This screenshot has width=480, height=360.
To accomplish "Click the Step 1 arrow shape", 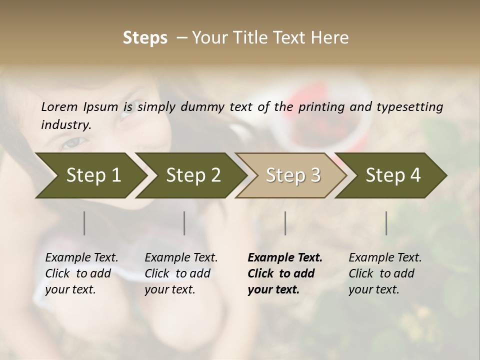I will (x=92, y=175).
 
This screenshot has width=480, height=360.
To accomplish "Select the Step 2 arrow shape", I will (x=192, y=175).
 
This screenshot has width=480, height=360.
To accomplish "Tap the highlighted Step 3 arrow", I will (x=292, y=175).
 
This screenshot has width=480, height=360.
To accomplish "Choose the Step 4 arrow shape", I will (x=392, y=175).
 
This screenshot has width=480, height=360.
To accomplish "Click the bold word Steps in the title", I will (x=145, y=38).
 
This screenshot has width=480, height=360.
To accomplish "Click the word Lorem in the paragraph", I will (x=59, y=106).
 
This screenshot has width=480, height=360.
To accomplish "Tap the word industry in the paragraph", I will (x=65, y=124).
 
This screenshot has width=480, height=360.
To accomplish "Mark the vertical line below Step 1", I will (x=84, y=223).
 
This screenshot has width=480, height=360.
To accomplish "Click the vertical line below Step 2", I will (x=184, y=223).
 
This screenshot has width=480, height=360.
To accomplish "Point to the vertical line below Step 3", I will (x=285, y=223).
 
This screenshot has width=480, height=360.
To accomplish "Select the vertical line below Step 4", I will (x=386, y=223).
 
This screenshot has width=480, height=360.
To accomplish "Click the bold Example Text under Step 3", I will (x=285, y=258).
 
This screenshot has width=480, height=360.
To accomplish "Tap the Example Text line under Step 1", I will (x=81, y=258).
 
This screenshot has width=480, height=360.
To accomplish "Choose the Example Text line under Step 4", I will (x=385, y=258).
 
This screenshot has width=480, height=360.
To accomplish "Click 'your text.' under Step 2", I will (x=169, y=289).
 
